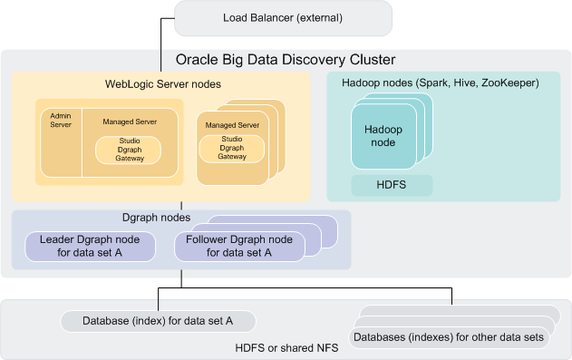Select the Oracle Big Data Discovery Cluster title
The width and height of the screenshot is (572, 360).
[285, 61]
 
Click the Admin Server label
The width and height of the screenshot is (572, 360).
[59, 122]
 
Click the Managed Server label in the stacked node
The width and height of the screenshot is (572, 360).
[232, 124]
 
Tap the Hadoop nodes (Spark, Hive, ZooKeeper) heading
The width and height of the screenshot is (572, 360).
[441, 83]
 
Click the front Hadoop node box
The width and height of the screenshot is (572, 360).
[383, 136]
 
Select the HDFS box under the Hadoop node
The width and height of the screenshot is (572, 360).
[392, 186]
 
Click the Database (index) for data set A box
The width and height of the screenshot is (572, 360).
[158, 321]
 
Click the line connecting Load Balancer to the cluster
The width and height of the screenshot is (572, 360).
[161, 36]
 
